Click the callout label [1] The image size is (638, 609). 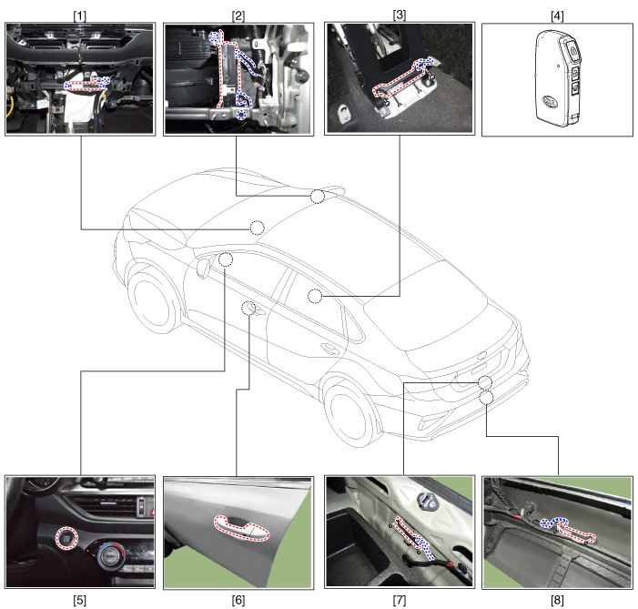click(80, 15)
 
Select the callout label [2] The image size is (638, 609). click(238, 15)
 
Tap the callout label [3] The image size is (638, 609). click(400, 15)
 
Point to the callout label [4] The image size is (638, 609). click(557, 15)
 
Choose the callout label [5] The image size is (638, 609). click(80, 600)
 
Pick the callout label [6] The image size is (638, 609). click(238, 600)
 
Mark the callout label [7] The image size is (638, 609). click(400, 600)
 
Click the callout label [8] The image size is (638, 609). click(557, 600)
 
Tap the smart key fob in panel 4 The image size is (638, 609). click(557, 78)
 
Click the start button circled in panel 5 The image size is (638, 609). click(67, 538)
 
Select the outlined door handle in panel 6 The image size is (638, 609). click(241, 528)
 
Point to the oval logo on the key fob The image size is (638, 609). click(550, 101)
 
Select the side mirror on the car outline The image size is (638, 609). click(203, 267)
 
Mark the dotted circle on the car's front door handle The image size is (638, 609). click(248, 309)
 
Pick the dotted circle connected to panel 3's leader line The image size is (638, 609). click(315, 296)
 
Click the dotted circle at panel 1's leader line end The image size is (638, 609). click(257, 228)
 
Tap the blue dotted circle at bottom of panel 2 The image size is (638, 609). click(242, 115)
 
